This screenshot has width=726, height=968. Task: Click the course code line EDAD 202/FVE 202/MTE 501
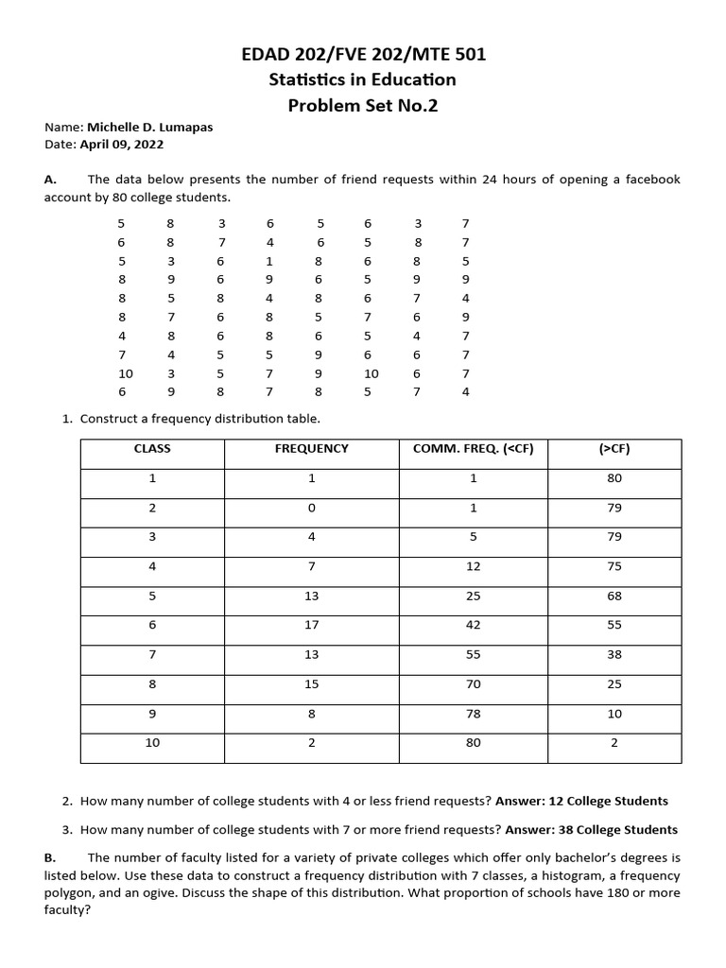(x=363, y=55)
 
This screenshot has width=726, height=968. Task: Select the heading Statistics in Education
(x=363, y=80)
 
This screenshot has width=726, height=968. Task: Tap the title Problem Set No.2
(x=363, y=106)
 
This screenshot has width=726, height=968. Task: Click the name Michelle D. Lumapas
(x=149, y=128)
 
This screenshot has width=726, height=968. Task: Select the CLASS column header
(x=152, y=449)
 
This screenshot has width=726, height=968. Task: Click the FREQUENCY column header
(x=311, y=449)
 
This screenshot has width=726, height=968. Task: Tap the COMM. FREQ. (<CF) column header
(x=474, y=449)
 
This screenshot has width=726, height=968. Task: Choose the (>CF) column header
(x=614, y=449)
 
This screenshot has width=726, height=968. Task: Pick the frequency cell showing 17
(x=311, y=625)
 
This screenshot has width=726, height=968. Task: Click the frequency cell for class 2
(x=311, y=508)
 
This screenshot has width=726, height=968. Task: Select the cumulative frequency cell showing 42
(x=474, y=625)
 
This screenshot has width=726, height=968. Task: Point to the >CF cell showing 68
(x=614, y=596)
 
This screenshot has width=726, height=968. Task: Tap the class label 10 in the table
(x=152, y=743)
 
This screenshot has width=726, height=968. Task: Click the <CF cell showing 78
(x=474, y=714)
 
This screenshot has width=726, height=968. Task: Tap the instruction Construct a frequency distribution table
(x=200, y=418)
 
